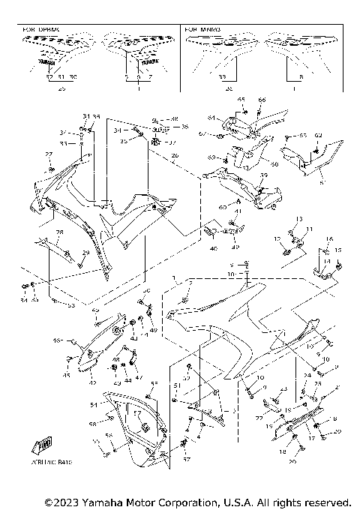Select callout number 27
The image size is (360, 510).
(x=49, y=154)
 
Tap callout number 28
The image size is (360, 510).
(x=59, y=233)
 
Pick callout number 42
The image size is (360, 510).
(x=93, y=382)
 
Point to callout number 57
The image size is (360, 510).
(x=138, y=412)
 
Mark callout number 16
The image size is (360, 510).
(x=328, y=238)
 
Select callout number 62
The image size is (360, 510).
(x=317, y=136)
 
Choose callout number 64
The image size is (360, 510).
(x=211, y=118)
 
